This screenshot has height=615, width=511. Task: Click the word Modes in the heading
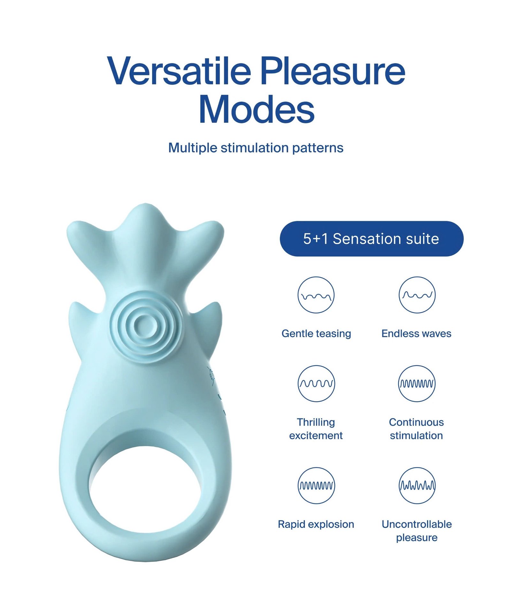click(x=256, y=110)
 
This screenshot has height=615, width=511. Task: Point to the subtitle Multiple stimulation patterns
click(x=256, y=148)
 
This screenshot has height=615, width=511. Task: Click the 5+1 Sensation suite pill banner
click(x=371, y=238)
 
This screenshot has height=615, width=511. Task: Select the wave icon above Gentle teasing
click(x=316, y=295)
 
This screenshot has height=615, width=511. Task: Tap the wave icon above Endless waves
click(x=417, y=295)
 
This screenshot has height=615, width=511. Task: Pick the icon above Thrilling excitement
click(x=316, y=383)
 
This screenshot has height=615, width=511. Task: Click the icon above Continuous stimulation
click(x=417, y=383)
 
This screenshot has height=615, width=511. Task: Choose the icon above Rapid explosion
click(x=316, y=486)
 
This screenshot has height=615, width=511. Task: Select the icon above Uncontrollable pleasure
click(x=417, y=486)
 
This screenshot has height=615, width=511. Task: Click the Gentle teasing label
click(x=316, y=333)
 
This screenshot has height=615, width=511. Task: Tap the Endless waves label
click(x=416, y=333)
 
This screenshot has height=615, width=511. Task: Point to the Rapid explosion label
click(x=316, y=524)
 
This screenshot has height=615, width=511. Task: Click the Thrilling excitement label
click(x=316, y=429)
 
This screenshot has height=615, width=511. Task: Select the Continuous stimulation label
click(x=416, y=429)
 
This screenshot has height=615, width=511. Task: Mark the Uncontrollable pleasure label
click(x=417, y=531)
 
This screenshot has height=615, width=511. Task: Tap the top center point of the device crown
click(x=146, y=204)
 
